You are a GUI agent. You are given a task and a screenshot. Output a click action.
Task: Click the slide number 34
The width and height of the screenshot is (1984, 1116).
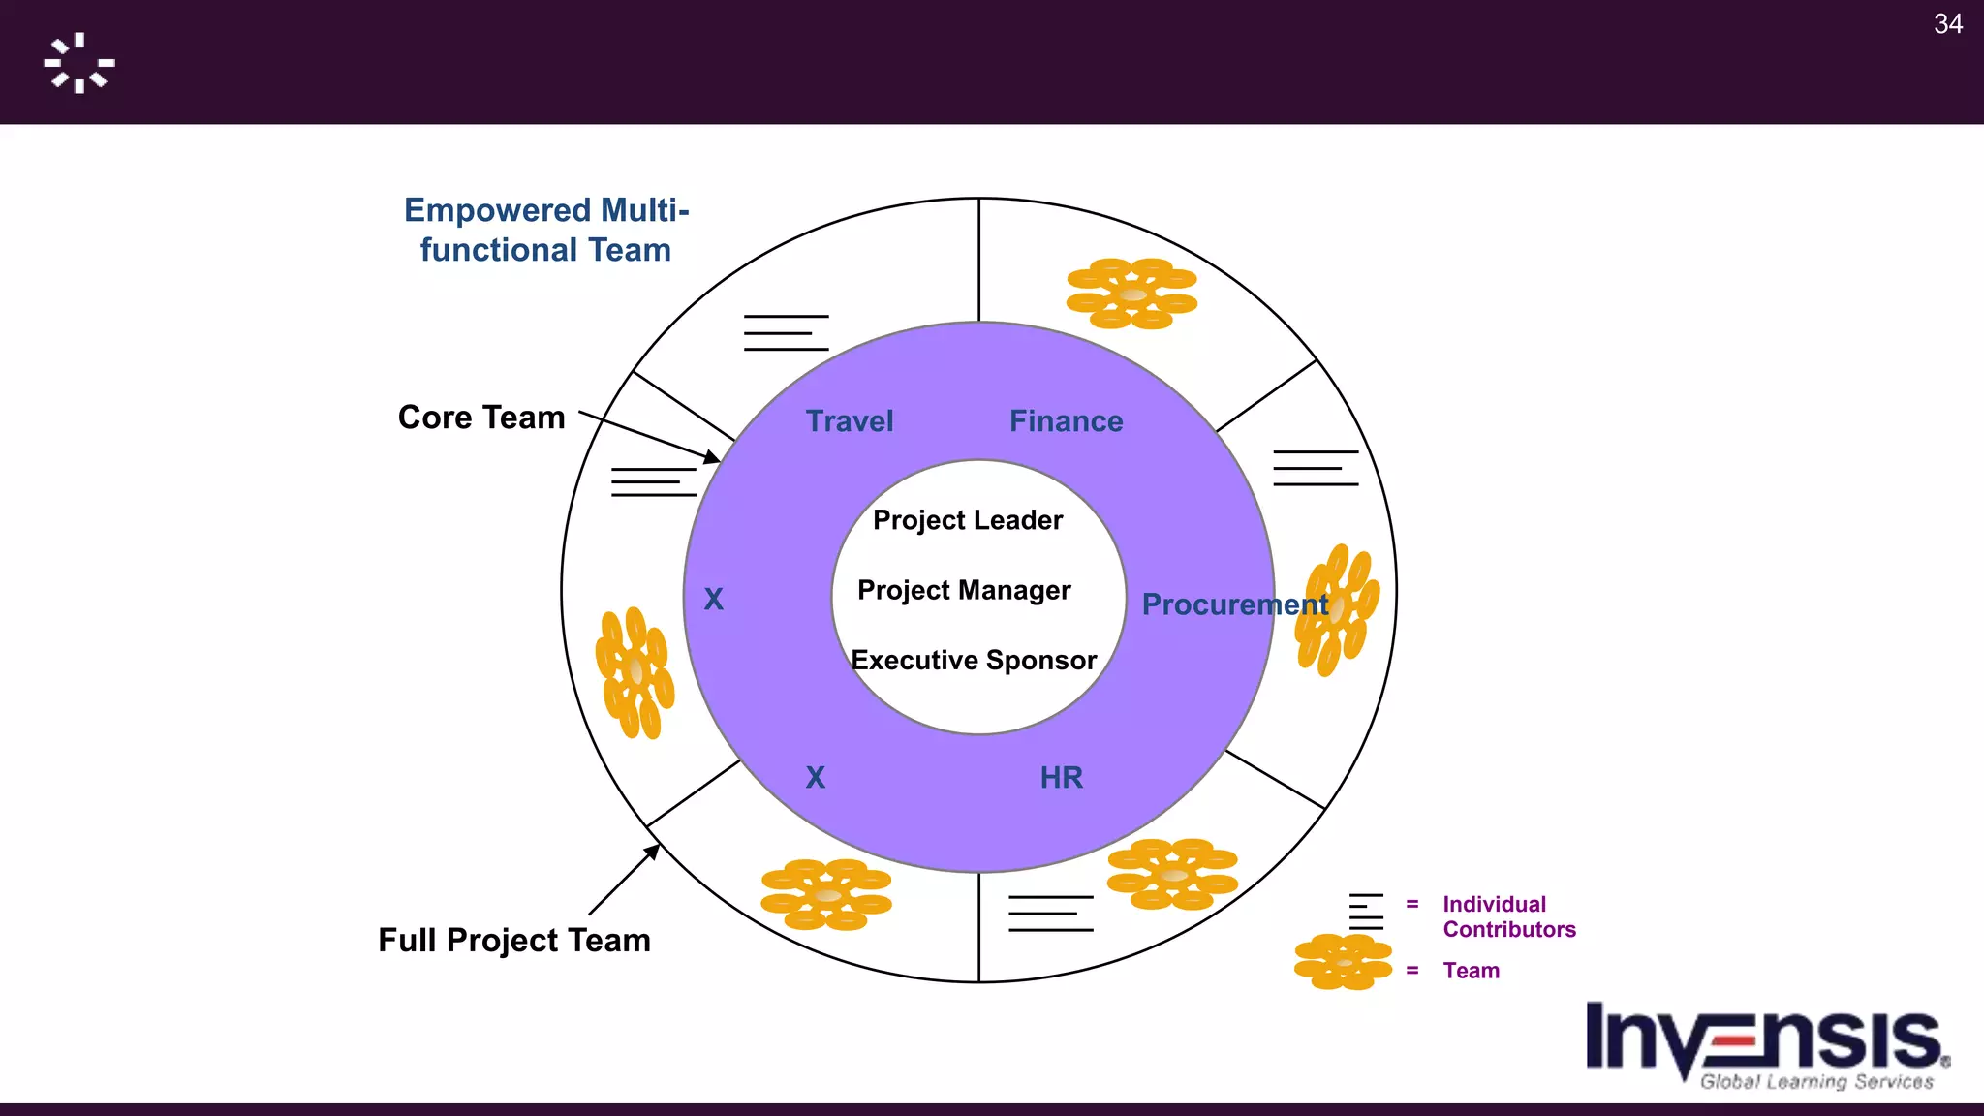pos(1947,24)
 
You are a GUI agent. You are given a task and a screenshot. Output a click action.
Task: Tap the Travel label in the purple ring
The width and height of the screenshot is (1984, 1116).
pos(850,421)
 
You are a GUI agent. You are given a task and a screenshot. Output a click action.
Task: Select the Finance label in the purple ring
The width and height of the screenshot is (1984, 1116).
pos(1066,421)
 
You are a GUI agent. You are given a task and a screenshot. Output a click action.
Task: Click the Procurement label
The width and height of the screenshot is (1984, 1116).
pos(1234,604)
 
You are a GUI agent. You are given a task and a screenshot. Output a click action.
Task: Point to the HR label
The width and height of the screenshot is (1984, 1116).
pos(1061,777)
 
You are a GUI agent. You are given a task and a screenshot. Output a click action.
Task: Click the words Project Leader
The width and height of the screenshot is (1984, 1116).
pos(968,520)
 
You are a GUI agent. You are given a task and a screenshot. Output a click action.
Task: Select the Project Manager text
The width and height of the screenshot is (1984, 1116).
pos(964,590)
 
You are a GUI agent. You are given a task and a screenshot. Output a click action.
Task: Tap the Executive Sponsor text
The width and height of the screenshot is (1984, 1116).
pos(974,661)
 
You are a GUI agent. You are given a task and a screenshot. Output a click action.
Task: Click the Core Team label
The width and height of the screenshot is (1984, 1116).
pos(481,418)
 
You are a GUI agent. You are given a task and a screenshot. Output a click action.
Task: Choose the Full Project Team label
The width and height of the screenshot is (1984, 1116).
pos(514,940)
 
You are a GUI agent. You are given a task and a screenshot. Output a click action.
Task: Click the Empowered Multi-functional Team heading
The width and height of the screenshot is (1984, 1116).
pos(546,231)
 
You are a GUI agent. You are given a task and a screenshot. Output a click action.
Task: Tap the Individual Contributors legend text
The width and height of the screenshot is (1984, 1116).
pos(1508,916)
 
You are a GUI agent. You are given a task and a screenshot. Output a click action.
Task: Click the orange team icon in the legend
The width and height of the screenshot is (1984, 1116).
pos(1343,961)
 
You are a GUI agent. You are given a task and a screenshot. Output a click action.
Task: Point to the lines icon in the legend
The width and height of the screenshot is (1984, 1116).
pos(1366,911)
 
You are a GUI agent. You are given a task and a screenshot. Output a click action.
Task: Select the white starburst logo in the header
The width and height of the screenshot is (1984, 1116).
pos(79,63)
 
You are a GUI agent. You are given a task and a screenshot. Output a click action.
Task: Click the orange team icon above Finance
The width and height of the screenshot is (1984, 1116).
pos(1131,294)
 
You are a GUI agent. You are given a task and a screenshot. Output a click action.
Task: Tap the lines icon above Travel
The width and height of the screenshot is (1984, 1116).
pos(786,332)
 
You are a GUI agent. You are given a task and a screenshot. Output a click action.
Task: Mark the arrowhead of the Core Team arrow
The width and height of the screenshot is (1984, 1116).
pos(714,458)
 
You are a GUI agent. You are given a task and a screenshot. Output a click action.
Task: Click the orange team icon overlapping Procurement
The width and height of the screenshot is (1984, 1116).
pos(1338,609)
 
